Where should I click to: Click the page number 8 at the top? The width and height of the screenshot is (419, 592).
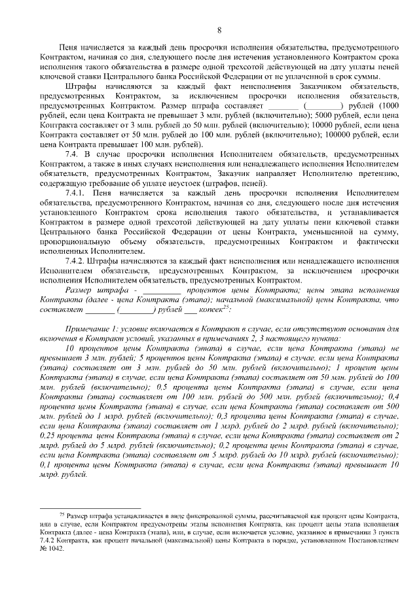click(219, 29)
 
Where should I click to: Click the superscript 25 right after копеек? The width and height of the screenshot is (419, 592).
click(224, 306)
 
